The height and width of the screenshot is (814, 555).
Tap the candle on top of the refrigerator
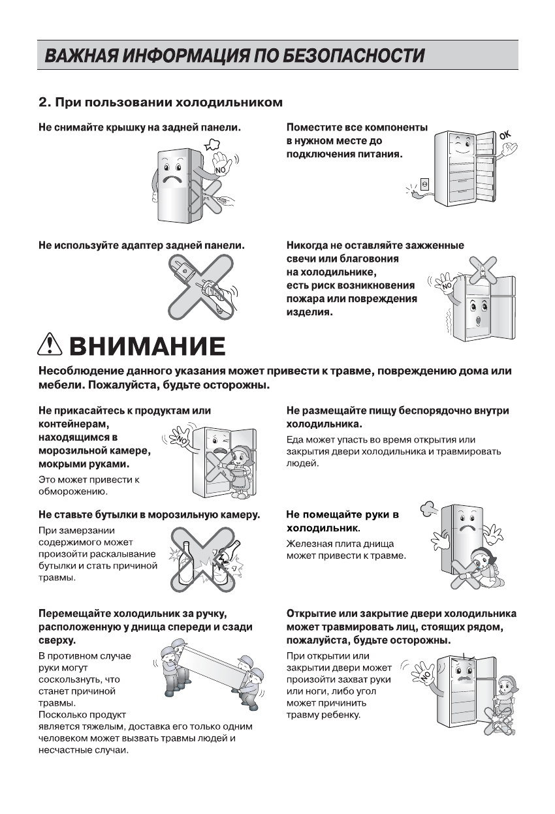(480, 268)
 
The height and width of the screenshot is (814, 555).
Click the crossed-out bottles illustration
(204, 556)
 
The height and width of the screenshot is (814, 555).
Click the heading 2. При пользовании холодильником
(161, 102)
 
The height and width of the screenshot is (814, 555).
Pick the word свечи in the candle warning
(301, 258)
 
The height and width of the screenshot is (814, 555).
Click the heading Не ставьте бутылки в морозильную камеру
(149, 514)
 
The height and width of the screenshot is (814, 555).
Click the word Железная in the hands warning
(308, 543)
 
